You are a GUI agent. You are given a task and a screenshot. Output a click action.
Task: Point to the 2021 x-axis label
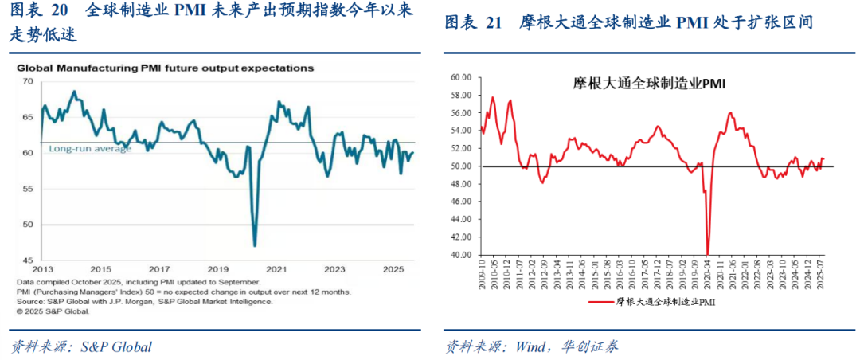click(276, 269)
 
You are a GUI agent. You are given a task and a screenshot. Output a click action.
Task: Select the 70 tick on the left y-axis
click(28, 81)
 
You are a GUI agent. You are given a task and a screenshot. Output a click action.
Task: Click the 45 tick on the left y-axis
click(28, 260)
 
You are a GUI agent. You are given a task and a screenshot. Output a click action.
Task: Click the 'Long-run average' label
click(90, 149)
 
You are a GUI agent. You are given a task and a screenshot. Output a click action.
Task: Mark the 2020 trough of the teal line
click(254, 245)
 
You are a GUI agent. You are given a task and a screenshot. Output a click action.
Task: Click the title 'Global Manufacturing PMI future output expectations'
click(165, 68)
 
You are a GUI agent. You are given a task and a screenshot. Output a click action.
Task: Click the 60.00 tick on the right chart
click(461, 77)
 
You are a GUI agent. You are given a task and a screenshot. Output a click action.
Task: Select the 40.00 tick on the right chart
click(461, 256)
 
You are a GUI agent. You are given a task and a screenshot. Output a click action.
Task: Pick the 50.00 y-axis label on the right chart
click(461, 166)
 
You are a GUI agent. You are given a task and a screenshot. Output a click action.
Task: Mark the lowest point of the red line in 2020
click(708, 253)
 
